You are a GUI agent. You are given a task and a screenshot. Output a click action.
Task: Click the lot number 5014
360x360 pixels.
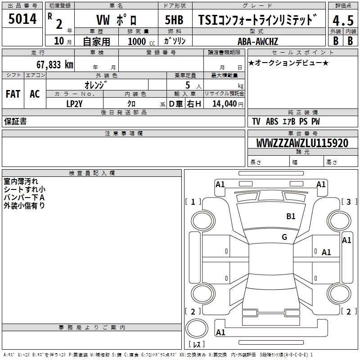[x=22, y=18]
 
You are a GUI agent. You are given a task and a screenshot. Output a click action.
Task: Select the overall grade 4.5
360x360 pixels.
[x=343, y=20]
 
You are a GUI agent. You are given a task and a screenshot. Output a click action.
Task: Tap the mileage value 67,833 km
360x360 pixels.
[x=55, y=64]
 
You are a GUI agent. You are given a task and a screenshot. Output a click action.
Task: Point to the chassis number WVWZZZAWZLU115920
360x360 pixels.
[x=302, y=143]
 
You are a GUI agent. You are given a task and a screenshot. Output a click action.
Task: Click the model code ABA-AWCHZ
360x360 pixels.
[x=258, y=41]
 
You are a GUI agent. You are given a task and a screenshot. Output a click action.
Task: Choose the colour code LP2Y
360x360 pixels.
[x=74, y=104]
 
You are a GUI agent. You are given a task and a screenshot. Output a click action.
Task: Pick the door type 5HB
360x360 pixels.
[x=174, y=20]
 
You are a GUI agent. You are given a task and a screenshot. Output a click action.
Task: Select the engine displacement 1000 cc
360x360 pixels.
[x=141, y=41]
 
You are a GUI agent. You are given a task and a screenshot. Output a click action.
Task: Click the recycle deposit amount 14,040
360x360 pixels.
[x=225, y=104]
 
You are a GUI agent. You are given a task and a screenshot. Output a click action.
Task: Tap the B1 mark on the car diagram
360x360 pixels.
[x=291, y=216]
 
